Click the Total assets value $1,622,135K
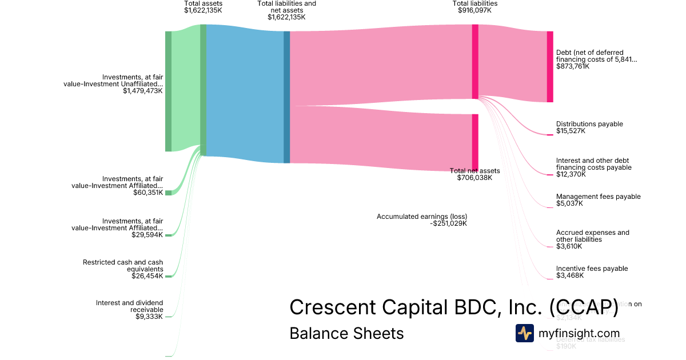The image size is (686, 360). pyautogui.click(x=203, y=10)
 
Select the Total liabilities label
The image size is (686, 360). pyautogui.click(x=474, y=3)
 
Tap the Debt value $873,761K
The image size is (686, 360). pyautogui.click(x=573, y=66)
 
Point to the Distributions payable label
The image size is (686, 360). pyautogui.click(x=589, y=124)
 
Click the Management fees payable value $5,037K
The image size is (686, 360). pyautogui.click(x=569, y=203)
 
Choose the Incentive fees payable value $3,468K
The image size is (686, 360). pyautogui.click(x=569, y=275)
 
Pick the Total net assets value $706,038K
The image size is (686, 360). pyautogui.click(x=474, y=178)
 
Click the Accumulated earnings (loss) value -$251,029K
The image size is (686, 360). pyautogui.click(x=449, y=223)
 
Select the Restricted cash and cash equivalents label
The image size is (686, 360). pyautogui.click(x=123, y=266)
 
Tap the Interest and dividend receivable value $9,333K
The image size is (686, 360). pyautogui.click(x=149, y=317)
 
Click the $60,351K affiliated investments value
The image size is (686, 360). pyautogui.click(x=148, y=193)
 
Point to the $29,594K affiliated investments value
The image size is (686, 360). pyautogui.click(x=148, y=234)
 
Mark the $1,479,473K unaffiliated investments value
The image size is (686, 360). pyautogui.click(x=143, y=90)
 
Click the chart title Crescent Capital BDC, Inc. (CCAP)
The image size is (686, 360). pyautogui.click(x=453, y=307)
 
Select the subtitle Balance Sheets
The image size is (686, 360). pyautogui.click(x=346, y=333)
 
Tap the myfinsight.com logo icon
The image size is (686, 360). pyautogui.click(x=524, y=333)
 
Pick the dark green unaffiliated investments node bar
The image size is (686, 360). pyautogui.click(x=168, y=91)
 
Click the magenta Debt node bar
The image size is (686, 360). pyautogui.click(x=550, y=67)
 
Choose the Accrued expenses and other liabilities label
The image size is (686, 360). pyautogui.click(x=592, y=236)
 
